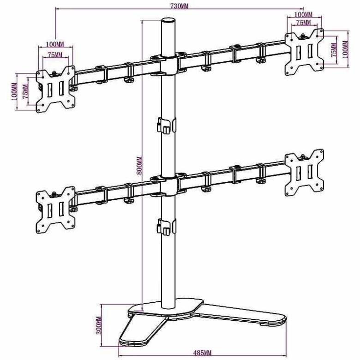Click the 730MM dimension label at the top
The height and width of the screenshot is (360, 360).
tap(179, 5)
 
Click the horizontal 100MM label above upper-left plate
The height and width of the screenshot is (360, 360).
tap(55, 44)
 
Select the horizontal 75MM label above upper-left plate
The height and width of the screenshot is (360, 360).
tap(55, 55)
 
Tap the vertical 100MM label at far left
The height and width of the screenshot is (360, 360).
tap(13, 91)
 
